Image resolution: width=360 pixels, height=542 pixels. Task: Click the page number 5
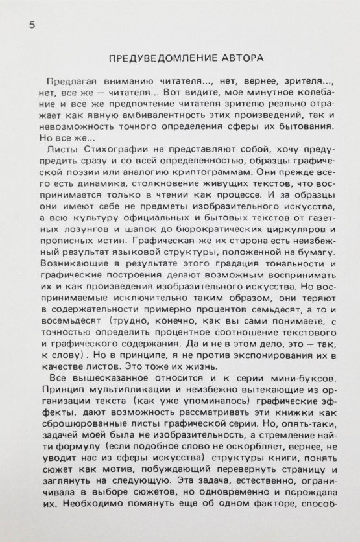[33, 23]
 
